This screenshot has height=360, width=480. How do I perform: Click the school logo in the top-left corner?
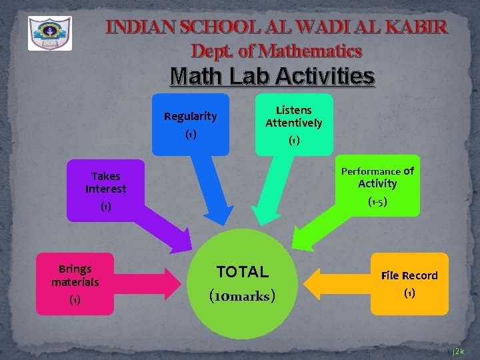tap(49, 33)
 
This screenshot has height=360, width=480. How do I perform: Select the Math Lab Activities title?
tap(272, 77)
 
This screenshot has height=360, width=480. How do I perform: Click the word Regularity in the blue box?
tap(191, 117)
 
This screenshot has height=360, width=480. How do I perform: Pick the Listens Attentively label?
tap(293, 117)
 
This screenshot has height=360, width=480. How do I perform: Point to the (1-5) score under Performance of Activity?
tap(377, 201)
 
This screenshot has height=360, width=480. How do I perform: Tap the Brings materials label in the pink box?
tap(75, 275)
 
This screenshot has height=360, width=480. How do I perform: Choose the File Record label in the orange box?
tap(409, 275)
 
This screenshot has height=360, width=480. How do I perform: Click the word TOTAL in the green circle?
tap(242, 272)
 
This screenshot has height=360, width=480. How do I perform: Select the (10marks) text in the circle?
tap(242, 295)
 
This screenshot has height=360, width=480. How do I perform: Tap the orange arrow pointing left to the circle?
tap(337, 284)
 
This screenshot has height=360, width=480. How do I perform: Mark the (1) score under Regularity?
tap(191, 135)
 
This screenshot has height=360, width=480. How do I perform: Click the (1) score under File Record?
tap(409, 293)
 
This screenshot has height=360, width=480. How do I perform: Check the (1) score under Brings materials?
tap(75, 300)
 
